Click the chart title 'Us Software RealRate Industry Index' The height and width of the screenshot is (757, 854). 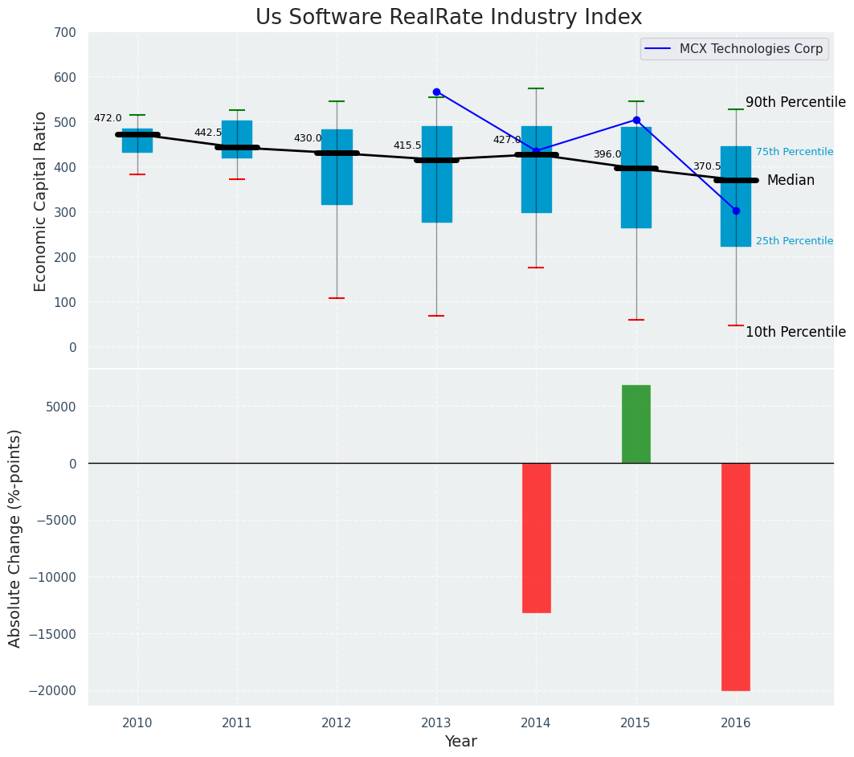pos(448,18)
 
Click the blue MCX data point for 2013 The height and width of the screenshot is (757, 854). pos(436,92)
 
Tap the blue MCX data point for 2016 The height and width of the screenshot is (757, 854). pos(736,211)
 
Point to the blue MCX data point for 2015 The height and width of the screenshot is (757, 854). pos(636,120)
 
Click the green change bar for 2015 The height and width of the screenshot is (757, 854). pos(636,424)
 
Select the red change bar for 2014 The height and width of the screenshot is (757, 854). pos(536,538)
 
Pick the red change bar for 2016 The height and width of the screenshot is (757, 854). pos(736,576)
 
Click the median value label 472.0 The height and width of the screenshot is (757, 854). pos(108,118)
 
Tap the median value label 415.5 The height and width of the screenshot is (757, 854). pos(407,145)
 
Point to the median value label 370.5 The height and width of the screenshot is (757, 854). pos(707,166)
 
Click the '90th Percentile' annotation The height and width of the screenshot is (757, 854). pos(795,102)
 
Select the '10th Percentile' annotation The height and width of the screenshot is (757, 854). pos(795,332)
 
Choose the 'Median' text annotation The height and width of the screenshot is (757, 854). pos(791,181)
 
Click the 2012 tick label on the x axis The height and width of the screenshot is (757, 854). pos(337,722)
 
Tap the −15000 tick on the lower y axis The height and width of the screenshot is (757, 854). pos(53,634)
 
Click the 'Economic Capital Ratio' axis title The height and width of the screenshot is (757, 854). pos(41,203)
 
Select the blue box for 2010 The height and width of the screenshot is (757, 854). pos(137,141)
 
